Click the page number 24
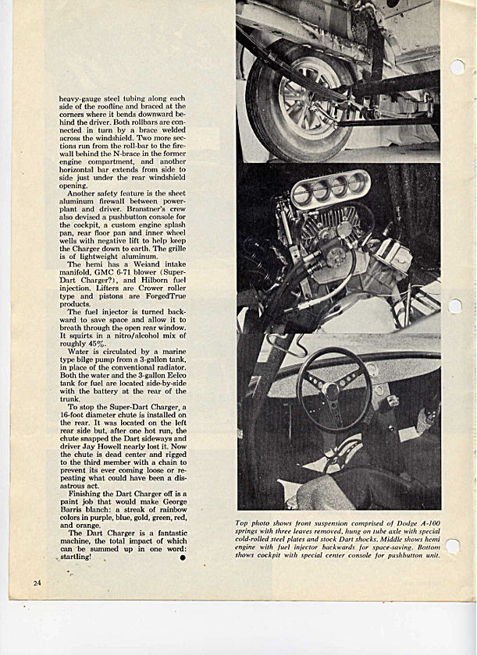coord(37,582)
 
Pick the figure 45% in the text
coord(101,344)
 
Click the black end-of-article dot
coord(182,558)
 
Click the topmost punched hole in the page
coord(457,67)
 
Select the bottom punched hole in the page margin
coord(453,546)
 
